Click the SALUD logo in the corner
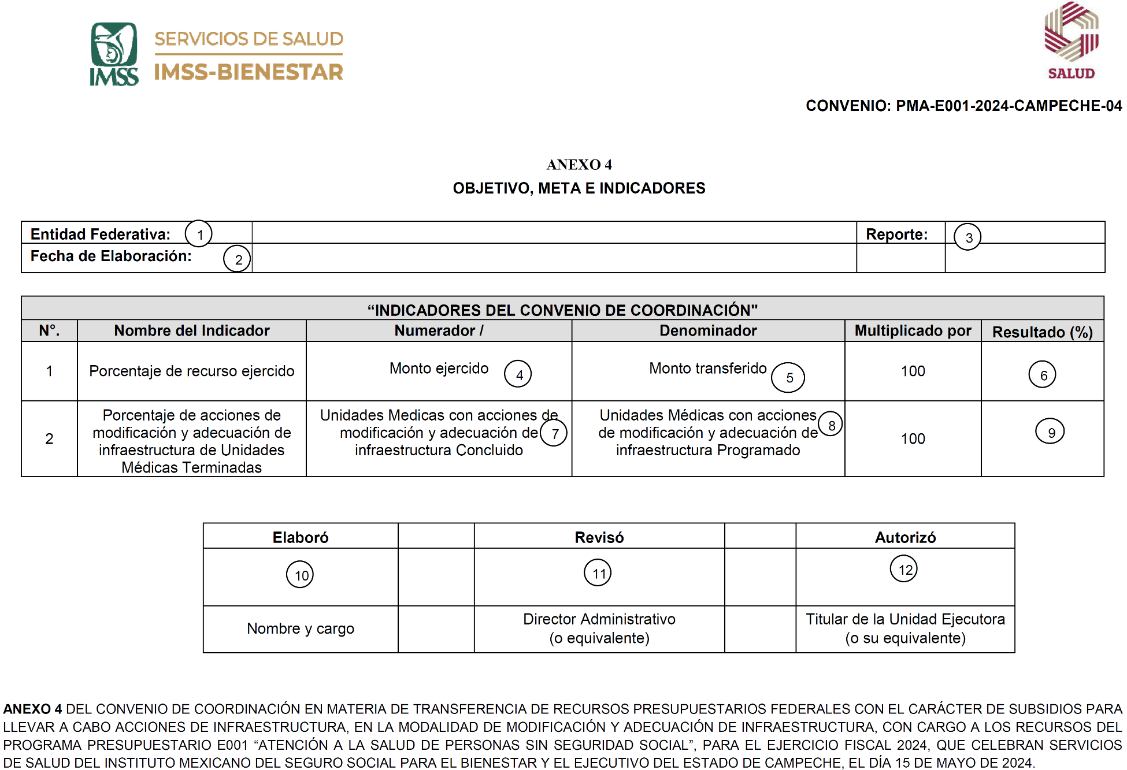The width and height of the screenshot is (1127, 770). point(1071,40)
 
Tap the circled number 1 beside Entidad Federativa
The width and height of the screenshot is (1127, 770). point(199,234)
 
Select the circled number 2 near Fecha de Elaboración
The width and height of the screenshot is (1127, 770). point(238,259)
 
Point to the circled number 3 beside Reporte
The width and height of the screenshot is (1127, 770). point(968,237)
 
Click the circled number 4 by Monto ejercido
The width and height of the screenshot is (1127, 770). point(518,374)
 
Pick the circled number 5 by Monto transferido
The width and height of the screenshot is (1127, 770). point(789,378)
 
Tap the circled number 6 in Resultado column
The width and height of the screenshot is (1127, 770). point(1043,375)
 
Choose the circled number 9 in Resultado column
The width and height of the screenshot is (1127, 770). point(1050,432)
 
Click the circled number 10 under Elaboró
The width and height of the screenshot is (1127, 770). point(301,575)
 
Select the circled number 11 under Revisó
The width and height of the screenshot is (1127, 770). point(598,573)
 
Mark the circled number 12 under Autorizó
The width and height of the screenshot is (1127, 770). point(904,569)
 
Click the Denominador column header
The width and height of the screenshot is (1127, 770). point(708,330)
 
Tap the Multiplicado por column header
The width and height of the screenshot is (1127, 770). point(913,330)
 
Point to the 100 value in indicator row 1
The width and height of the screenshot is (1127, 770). point(913,371)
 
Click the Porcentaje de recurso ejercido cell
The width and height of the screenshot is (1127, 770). point(191,371)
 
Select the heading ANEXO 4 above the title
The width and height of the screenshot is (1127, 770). point(579,165)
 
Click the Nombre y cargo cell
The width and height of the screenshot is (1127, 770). point(301,628)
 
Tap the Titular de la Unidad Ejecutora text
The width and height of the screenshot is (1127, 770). point(905,619)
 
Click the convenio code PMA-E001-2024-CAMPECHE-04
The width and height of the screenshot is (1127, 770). point(1009,106)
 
